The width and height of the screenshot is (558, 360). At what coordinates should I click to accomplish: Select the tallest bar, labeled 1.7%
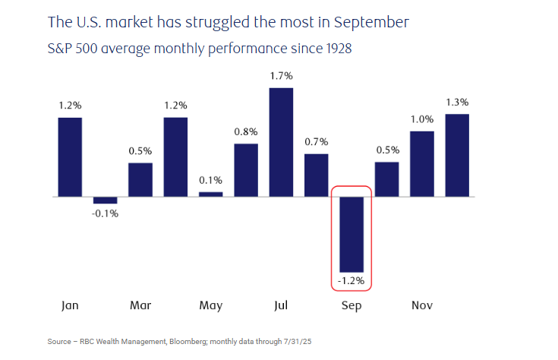click(281, 142)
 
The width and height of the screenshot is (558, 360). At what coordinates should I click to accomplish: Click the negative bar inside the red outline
click(352, 234)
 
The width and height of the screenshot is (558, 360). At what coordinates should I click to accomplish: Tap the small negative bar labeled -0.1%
click(105, 200)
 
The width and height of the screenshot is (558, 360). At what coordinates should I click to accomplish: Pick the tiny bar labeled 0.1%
click(211, 194)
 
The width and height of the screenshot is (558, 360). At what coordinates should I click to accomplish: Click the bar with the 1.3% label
click(457, 155)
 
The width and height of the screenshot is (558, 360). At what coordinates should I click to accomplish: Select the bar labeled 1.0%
click(422, 163)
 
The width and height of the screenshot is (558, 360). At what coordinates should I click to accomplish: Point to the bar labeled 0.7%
click(317, 175)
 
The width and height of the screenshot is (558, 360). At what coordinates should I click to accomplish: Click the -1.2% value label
click(352, 281)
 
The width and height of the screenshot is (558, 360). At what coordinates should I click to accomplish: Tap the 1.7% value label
click(281, 76)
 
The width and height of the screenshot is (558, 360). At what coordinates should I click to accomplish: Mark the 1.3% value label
click(457, 102)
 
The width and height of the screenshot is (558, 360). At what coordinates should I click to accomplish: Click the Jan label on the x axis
click(70, 306)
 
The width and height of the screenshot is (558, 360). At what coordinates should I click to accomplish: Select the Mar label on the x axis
click(140, 306)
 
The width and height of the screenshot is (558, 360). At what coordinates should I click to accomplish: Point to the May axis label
click(211, 306)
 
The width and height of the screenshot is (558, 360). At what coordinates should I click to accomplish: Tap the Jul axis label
click(281, 306)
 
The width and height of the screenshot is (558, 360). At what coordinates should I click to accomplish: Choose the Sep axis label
click(352, 306)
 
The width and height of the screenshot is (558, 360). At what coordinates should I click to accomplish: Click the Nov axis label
click(422, 306)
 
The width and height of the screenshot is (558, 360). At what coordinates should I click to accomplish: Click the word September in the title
click(367, 23)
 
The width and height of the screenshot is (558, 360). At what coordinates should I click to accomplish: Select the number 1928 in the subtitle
click(336, 49)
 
